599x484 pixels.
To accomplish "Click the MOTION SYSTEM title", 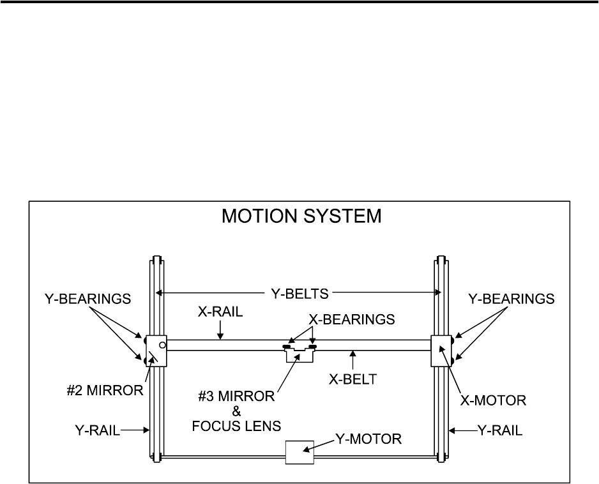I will point(301,217).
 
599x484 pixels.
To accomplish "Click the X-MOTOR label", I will point(493,400).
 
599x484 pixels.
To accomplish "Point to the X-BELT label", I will point(354,378).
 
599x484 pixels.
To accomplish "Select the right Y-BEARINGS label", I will point(511,298).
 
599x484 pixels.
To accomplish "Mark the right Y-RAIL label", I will point(500,430).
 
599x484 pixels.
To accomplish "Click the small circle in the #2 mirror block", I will point(162,345).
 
